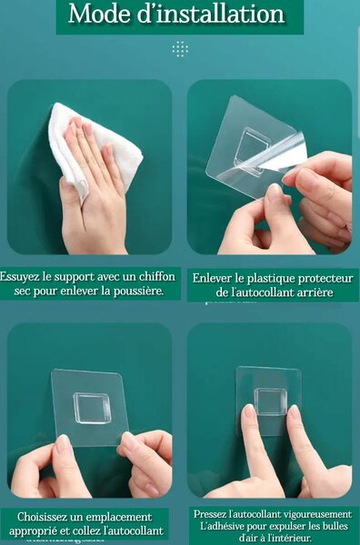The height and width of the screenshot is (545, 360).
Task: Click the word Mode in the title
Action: [98, 15]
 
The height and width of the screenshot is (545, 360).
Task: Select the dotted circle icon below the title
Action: [180, 49]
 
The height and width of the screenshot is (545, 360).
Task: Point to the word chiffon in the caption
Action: [157, 277]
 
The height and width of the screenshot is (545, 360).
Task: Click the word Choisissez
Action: [41, 517]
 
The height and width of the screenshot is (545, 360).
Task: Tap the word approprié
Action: [32, 531]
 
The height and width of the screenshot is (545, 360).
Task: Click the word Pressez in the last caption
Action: [209, 514]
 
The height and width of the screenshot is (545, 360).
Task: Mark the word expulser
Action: [285, 526]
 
